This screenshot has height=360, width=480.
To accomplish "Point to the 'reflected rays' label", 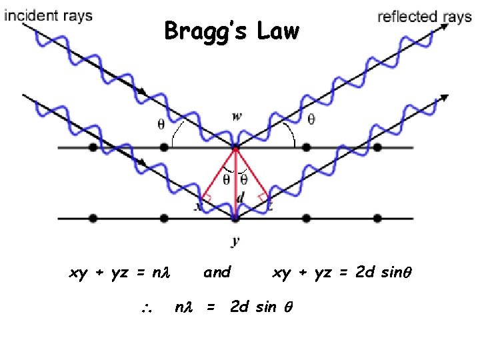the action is point(425,17).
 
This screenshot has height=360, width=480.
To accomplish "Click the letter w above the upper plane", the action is point(237,116).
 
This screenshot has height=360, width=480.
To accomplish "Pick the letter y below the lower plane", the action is point(235,242).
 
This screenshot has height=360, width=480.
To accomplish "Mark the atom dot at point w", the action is point(235,147).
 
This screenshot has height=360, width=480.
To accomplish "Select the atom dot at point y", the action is point(235,217).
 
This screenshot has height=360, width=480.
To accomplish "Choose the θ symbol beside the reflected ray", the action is point(310,119).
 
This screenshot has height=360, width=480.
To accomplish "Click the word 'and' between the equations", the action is point(217,272).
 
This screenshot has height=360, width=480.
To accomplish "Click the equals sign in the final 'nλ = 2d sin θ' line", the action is point(211,307).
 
